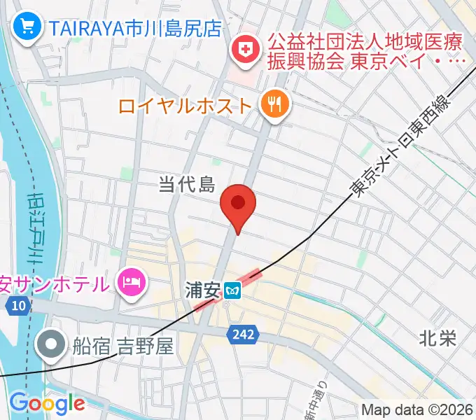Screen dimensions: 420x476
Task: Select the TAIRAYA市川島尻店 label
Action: (x=134, y=28)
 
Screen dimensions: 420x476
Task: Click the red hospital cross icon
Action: (x=246, y=50)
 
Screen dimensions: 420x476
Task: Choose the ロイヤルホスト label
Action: (x=185, y=106)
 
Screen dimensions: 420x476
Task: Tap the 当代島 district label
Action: (x=185, y=184)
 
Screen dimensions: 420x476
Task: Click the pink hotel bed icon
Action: (x=132, y=283)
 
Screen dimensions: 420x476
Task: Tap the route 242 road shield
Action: (x=240, y=337)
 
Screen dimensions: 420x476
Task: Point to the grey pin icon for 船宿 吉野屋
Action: (x=52, y=344)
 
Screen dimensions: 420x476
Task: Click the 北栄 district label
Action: (x=437, y=339)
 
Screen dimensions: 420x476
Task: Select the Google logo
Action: (x=47, y=403)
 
